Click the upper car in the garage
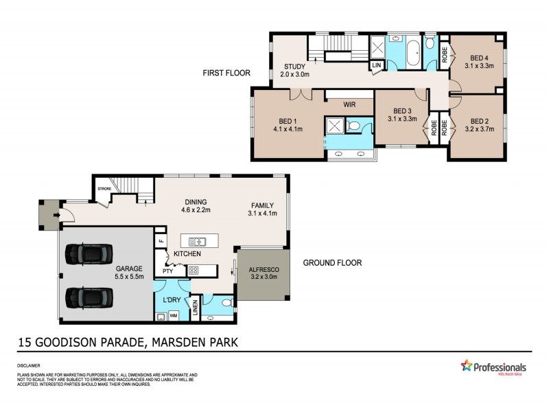tap(86, 255)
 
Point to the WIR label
tap(349, 104)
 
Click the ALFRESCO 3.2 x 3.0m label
tap(263, 275)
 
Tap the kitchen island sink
tap(198, 241)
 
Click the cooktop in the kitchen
tap(194, 270)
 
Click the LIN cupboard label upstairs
tap(376, 65)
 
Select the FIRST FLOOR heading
tap(226, 73)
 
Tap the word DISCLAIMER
tap(28, 366)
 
